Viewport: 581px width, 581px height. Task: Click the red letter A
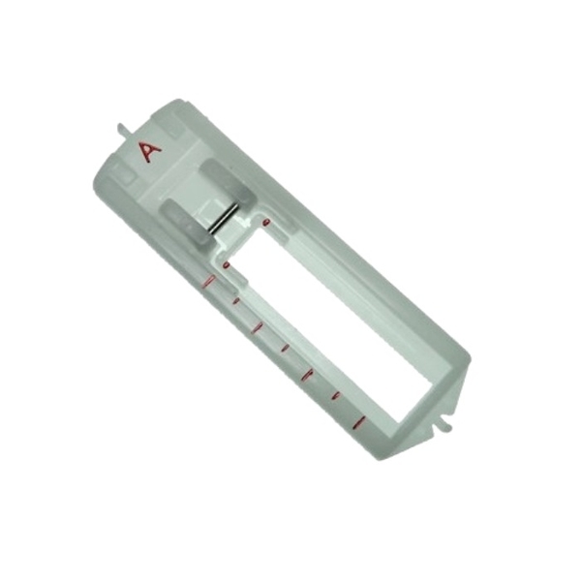click(149, 153)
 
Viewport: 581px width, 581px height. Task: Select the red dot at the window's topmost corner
click(265, 223)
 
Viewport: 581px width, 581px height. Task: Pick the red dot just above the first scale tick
click(226, 264)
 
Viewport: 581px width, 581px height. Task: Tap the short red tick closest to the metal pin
click(234, 302)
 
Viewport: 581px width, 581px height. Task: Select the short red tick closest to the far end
click(336, 398)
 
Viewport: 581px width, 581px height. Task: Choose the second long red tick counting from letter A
click(258, 327)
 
